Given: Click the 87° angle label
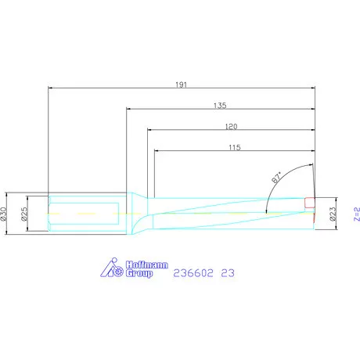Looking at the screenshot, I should click(x=276, y=178).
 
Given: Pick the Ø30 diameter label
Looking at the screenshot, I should click(x=5, y=212).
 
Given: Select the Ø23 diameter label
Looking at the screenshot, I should click(x=333, y=212).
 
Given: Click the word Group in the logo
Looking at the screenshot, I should click(x=140, y=274).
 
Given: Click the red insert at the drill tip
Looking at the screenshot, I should click(x=310, y=203).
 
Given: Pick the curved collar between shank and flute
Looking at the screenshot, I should click(x=137, y=214).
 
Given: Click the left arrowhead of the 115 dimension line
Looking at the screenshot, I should click(x=157, y=151).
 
